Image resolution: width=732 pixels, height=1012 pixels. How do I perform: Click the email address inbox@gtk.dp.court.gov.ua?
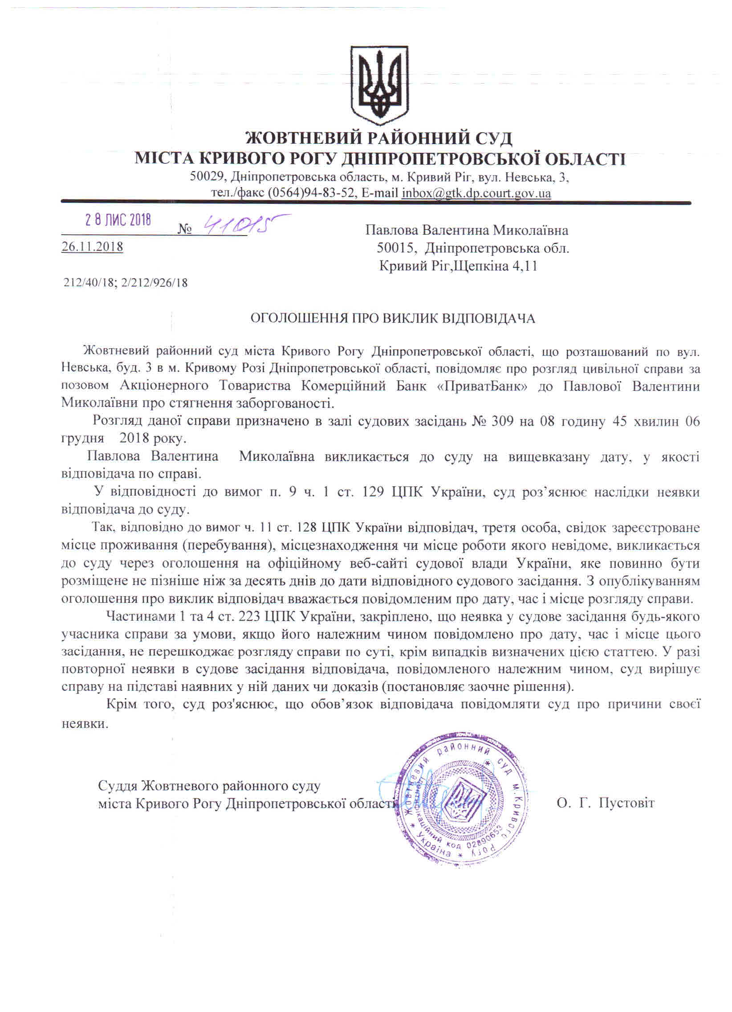point(476,193)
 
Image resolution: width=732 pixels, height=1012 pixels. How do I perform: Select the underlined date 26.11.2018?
point(92,247)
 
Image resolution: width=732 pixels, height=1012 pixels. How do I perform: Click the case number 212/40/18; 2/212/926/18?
point(126,282)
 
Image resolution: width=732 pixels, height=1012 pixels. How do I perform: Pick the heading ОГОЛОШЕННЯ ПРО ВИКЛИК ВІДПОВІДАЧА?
point(393,319)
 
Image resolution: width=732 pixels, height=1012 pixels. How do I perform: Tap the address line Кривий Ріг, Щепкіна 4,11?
point(458,266)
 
